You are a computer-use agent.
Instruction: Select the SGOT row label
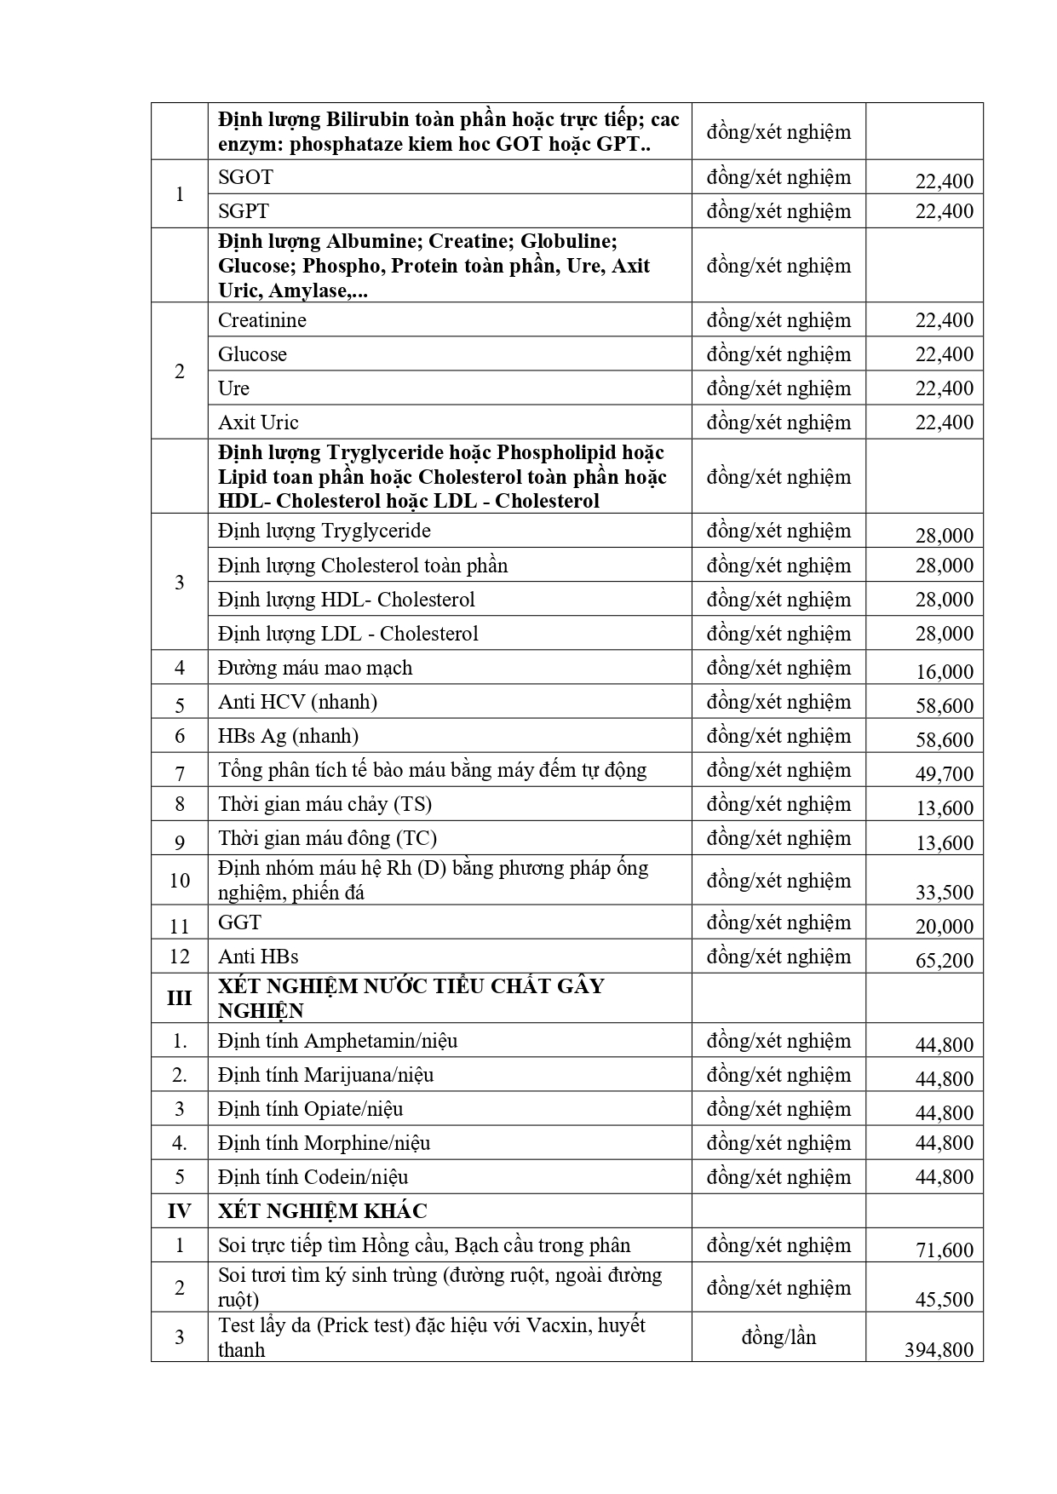(245, 177)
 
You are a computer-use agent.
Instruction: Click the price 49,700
(944, 773)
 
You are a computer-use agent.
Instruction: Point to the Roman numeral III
(179, 997)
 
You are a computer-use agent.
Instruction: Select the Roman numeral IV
(179, 1210)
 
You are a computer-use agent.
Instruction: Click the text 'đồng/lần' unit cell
(778, 1336)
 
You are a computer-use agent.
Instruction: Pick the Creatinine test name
(261, 320)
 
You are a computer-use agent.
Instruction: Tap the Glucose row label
(252, 354)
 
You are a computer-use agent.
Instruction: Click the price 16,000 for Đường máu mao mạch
(944, 671)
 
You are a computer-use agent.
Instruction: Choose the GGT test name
(239, 922)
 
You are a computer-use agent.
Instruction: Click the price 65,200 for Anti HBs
(944, 960)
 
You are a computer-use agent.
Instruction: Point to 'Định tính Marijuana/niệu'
(325, 1075)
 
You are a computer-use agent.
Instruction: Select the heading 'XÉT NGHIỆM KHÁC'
(322, 1210)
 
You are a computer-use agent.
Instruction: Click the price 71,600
(944, 1250)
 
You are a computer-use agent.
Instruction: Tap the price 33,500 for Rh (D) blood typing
(944, 892)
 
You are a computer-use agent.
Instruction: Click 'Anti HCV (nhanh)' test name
(297, 702)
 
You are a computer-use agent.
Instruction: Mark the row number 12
(179, 956)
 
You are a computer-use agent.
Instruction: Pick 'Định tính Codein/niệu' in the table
(313, 1177)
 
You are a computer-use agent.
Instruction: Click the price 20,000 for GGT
(944, 926)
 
